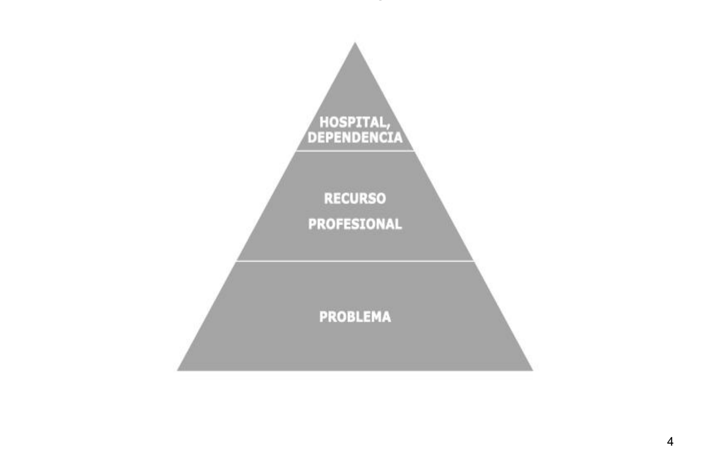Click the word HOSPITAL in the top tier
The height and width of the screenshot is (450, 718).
click(353, 122)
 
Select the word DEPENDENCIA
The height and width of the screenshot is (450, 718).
click(355, 138)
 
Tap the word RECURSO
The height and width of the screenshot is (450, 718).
click(355, 199)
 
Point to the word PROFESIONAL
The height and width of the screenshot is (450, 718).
click(355, 224)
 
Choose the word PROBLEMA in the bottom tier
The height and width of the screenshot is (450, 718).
click(355, 317)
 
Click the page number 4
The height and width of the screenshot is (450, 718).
click(670, 442)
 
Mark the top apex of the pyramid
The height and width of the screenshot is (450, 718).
click(355, 42)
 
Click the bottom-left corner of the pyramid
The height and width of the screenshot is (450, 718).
click(177, 371)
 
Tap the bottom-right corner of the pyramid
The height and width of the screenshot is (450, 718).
click(533, 371)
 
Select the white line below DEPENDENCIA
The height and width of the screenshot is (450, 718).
click(355, 151)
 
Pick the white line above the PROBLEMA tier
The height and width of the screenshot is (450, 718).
click(355, 261)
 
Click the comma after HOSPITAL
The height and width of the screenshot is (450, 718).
click(388, 126)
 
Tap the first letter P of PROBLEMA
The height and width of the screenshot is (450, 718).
click(323, 317)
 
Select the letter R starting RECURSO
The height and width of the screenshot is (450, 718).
click(328, 199)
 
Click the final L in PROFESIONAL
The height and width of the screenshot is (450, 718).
click(399, 224)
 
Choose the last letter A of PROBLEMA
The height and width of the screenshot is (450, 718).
click(387, 317)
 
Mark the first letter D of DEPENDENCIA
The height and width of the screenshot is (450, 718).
click(312, 138)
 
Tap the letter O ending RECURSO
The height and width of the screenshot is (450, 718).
click(381, 199)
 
